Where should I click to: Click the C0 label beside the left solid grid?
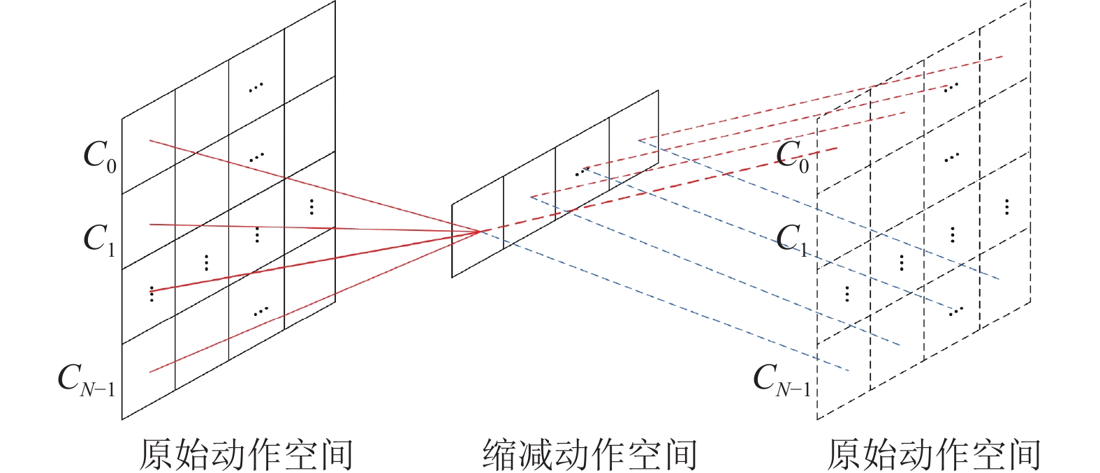tap(100, 156)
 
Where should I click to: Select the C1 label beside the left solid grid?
tap(100, 240)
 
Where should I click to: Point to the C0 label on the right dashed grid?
tap(792, 156)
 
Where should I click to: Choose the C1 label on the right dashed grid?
tap(791, 240)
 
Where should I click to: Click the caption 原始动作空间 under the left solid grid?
tap(246, 454)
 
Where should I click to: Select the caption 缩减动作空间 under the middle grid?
tap(589, 454)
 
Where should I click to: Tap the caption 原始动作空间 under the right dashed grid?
tap(934, 454)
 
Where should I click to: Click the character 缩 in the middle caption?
tap(500, 454)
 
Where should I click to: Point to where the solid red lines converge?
tap(479, 231)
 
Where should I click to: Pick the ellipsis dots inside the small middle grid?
tap(582, 172)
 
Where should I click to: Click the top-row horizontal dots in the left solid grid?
tap(256, 87)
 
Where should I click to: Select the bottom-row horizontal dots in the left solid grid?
tap(261, 311)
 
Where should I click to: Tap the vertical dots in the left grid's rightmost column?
tap(311, 207)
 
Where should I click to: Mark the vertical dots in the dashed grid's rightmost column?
tap(1006, 207)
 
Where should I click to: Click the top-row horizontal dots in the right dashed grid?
tap(951, 87)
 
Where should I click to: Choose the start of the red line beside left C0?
tap(149, 141)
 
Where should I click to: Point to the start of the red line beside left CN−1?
tap(149, 372)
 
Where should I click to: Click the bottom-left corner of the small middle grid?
tap(452, 278)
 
